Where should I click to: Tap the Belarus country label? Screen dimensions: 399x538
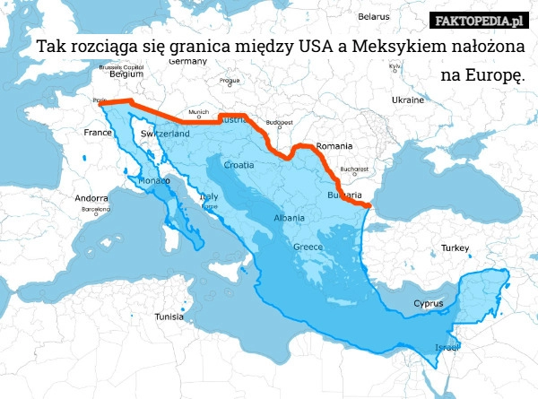pyautogui.click(x=373, y=16)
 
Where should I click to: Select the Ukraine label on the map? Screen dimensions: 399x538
pyautogui.click(x=405, y=100)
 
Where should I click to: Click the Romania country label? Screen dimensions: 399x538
pyautogui.click(x=334, y=145)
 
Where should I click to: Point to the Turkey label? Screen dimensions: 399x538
pyautogui.click(x=456, y=247)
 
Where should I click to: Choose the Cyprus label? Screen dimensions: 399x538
pyautogui.click(x=428, y=303)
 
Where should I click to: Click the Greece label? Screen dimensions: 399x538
pyautogui.click(x=308, y=247)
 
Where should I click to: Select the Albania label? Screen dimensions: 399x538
pyautogui.click(x=288, y=218)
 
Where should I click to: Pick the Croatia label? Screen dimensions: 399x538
pyautogui.click(x=239, y=165)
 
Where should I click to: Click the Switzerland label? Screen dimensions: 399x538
pyautogui.click(x=165, y=133)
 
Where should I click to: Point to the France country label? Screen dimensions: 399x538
pyautogui.click(x=97, y=132)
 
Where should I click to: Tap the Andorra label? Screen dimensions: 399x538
pyautogui.click(x=91, y=198)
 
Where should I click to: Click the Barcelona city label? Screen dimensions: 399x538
pyautogui.click(x=95, y=208)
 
